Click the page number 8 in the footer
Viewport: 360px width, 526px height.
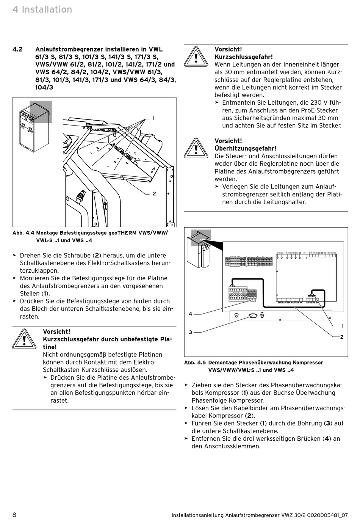click(14, 515)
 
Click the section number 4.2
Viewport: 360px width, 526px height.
click(17, 49)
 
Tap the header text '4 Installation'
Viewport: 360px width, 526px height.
click(42, 9)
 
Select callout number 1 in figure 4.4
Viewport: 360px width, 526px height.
click(153, 118)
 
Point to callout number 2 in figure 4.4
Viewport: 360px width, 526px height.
click(154, 193)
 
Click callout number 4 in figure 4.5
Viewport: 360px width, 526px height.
click(191, 314)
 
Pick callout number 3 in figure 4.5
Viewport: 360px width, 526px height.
click(191, 332)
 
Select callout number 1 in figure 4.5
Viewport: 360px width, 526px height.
click(343, 326)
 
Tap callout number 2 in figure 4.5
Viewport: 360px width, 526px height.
click(342, 337)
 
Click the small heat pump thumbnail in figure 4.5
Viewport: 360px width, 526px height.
click(199, 249)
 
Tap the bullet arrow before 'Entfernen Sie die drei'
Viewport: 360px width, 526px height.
click(186, 438)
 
